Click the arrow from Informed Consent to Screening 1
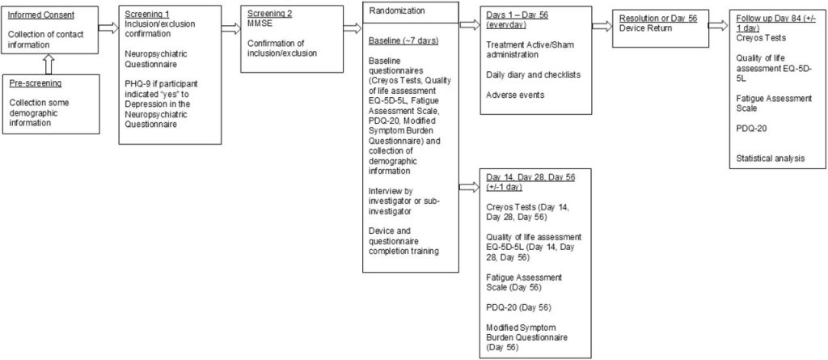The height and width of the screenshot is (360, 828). point(108,27)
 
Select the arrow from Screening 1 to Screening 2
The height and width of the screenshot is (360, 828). point(231,27)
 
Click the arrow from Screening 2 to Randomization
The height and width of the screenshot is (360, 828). point(352,27)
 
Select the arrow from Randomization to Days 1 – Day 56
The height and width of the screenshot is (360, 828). point(469,25)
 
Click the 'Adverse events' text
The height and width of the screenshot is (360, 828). point(514,95)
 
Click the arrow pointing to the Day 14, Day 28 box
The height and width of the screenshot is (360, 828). point(469,187)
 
